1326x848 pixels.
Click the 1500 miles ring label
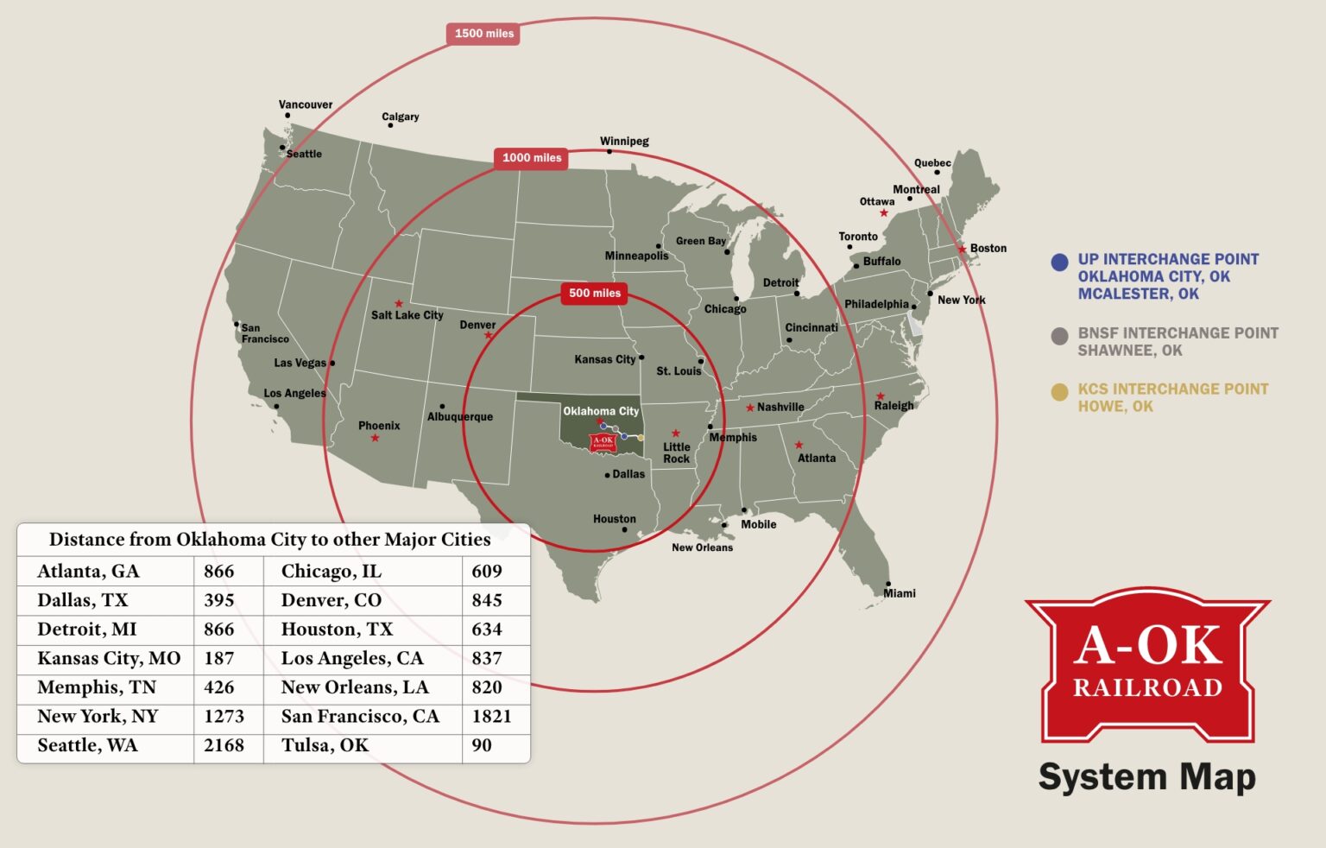(483, 34)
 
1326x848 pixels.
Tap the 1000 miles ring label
(531, 158)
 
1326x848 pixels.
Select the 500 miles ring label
(594, 293)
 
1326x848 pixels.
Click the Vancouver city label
(305, 104)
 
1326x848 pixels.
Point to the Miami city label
(899, 593)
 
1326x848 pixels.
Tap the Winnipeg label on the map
(624, 141)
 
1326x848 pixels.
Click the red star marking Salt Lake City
(399, 304)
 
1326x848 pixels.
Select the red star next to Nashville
(750, 408)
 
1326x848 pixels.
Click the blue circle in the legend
(1059, 263)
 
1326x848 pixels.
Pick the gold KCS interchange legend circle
(1059, 392)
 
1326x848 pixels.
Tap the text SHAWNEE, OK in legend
(1129, 351)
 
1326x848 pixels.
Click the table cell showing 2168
(224, 745)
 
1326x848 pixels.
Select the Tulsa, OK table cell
(325, 745)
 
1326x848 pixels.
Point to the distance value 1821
(491, 716)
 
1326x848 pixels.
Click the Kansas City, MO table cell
(109, 658)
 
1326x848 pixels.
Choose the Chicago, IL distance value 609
(487, 571)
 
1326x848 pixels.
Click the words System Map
(1146, 776)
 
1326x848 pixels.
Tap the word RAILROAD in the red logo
(1147, 687)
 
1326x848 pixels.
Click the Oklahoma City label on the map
(601, 411)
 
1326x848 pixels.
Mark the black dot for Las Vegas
(332, 364)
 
